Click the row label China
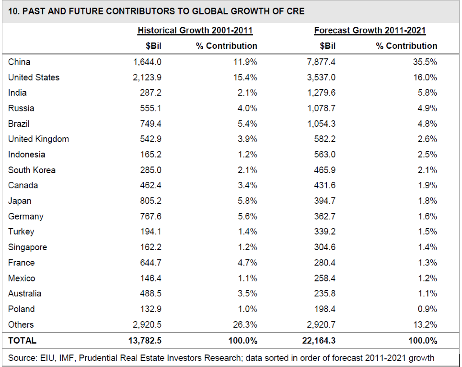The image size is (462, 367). [19, 62]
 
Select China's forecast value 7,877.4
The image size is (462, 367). [321, 62]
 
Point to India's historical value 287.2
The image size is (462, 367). [150, 93]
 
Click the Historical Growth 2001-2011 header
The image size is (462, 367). [195, 31]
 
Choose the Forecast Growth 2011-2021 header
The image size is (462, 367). [370, 31]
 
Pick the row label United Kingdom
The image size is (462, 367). [39, 139]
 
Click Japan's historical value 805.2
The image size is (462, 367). [150, 201]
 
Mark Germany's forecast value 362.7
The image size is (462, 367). [325, 216]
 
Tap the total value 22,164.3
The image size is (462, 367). [319, 341]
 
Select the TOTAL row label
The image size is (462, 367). [23, 341]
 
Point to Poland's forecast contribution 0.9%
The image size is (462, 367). [427, 309]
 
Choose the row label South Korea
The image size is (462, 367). [32, 170]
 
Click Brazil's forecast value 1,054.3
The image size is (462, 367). [322, 124]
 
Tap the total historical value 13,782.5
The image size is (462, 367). [145, 341]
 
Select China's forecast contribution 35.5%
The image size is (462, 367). [425, 62]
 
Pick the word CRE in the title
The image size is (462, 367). [295, 11]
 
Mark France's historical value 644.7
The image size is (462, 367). [150, 263]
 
